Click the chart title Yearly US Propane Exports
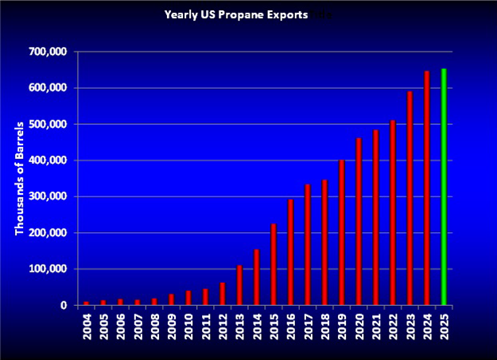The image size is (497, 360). click(x=235, y=14)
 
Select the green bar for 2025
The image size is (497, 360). click(x=444, y=187)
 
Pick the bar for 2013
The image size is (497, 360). click(x=239, y=285)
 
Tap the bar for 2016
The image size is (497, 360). click(x=290, y=252)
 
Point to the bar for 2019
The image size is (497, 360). click(x=341, y=233)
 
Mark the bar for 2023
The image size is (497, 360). click(x=410, y=199)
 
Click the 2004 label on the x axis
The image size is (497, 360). click(x=86, y=328)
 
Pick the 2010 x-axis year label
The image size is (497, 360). click(x=188, y=328)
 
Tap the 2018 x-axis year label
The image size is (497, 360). click(x=324, y=328)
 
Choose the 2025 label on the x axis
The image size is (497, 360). click(x=445, y=328)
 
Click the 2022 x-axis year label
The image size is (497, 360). click(x=393, y=328)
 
